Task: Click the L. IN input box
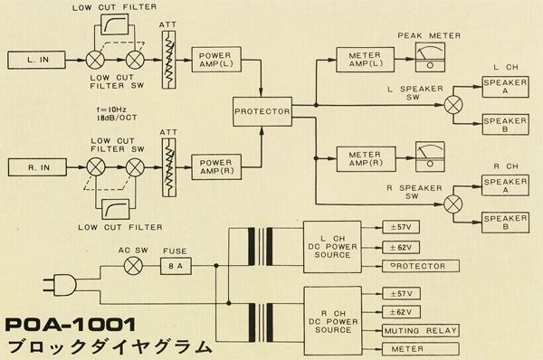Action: (37, 60)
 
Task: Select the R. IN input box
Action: (37, 167)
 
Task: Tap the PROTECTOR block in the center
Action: (262, 111)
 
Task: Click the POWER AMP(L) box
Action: (216, 60)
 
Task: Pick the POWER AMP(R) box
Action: (216, 166)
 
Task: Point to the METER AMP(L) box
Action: (365, 60)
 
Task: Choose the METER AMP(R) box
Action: (366, 159)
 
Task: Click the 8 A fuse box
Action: (176, 266)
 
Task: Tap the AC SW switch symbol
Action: (133, 266)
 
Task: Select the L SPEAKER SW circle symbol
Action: (453, 105)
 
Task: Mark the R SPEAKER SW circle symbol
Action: (453, 204)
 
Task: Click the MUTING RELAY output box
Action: (421, 330)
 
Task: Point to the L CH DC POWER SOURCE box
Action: (332, 247)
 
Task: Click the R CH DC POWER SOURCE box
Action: (333, 320)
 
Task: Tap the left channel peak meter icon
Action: (430, 57)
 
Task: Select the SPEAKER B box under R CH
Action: (505, 223)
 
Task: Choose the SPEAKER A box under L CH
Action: (505, 87)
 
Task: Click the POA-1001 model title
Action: (71, 325)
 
